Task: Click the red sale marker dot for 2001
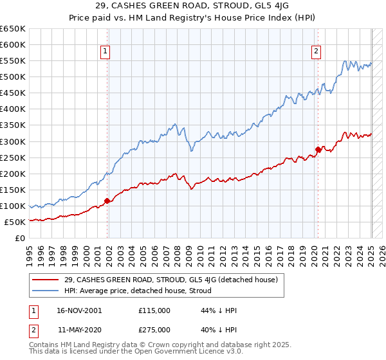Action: [107, 201]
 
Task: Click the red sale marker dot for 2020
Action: [318, 149]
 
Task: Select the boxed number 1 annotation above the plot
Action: [105, 53]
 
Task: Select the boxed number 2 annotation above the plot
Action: [317, 53]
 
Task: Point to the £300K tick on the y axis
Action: [12, 141]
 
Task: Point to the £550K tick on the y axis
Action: [12, 61]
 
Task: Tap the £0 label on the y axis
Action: [19, 238]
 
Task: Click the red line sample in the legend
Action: [46, 280]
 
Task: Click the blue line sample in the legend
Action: [46, 291]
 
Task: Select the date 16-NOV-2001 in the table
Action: [79, 310]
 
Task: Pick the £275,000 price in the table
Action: [154, 329]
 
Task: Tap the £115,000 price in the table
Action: [154, 310]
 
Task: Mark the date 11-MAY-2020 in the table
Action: [78, 329]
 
